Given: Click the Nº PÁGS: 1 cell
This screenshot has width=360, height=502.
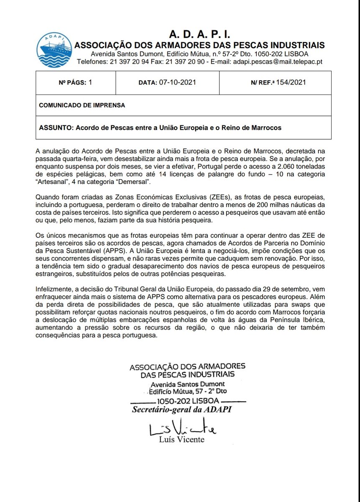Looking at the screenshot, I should point(75,82).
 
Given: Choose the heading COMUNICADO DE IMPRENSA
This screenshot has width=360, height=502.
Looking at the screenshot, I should point(82,105).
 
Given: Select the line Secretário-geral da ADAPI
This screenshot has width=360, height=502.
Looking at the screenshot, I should point(181,409).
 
